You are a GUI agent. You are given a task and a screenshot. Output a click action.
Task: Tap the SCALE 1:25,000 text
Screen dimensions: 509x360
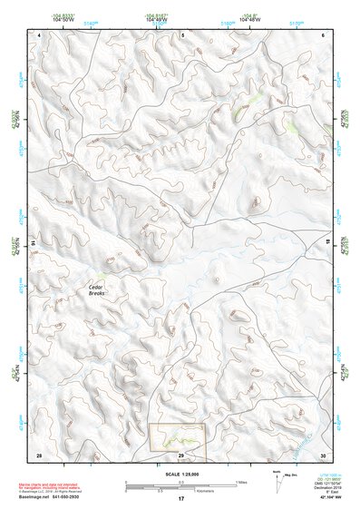(x=180, y=475)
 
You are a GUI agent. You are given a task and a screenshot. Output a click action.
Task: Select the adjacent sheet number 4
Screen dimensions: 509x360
(x=40, y=34)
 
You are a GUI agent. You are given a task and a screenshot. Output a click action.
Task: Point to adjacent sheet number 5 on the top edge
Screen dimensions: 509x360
(x=181, y=34)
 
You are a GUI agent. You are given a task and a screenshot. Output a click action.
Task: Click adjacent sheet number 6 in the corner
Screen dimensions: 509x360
(x=324, y=34)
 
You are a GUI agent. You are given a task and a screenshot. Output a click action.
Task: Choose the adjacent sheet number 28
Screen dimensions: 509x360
(x=39, y=455)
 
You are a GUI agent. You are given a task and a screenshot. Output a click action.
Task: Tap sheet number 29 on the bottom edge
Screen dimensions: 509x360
(x=181, y=455)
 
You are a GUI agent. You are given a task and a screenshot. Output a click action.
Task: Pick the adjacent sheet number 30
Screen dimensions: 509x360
(x=323, y=455)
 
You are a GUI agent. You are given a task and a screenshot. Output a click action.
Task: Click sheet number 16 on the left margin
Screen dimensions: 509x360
(x=34, y=244)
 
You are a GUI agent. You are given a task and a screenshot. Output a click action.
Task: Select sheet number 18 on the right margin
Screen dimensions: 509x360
(x=328, y=244)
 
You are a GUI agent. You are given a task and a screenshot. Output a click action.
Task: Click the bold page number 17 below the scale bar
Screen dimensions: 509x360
(x=181, y=499)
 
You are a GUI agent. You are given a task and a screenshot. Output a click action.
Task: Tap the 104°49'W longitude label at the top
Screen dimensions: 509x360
(x=155, y=19)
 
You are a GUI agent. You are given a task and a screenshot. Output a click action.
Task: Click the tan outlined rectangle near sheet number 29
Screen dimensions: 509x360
(x=178, y=440)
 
